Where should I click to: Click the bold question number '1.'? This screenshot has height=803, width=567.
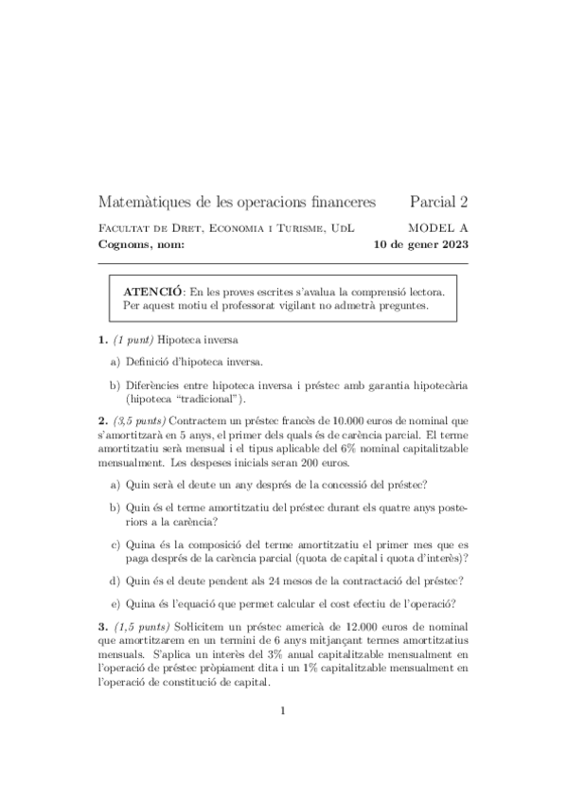pyautogui.click(x=103, y=338)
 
